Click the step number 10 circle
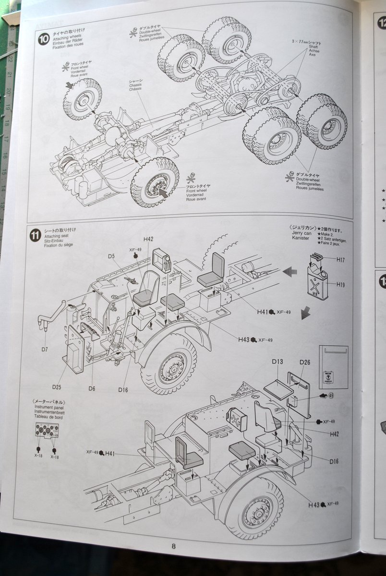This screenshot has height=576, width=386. click(44, 38)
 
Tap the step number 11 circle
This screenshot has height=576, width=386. click(35, 235)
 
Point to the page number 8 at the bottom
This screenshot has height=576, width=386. click(173, 546)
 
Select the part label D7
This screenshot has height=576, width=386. click(44, 349)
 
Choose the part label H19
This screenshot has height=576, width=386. click(340, 285)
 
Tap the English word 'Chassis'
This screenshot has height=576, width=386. click(136, 86)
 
